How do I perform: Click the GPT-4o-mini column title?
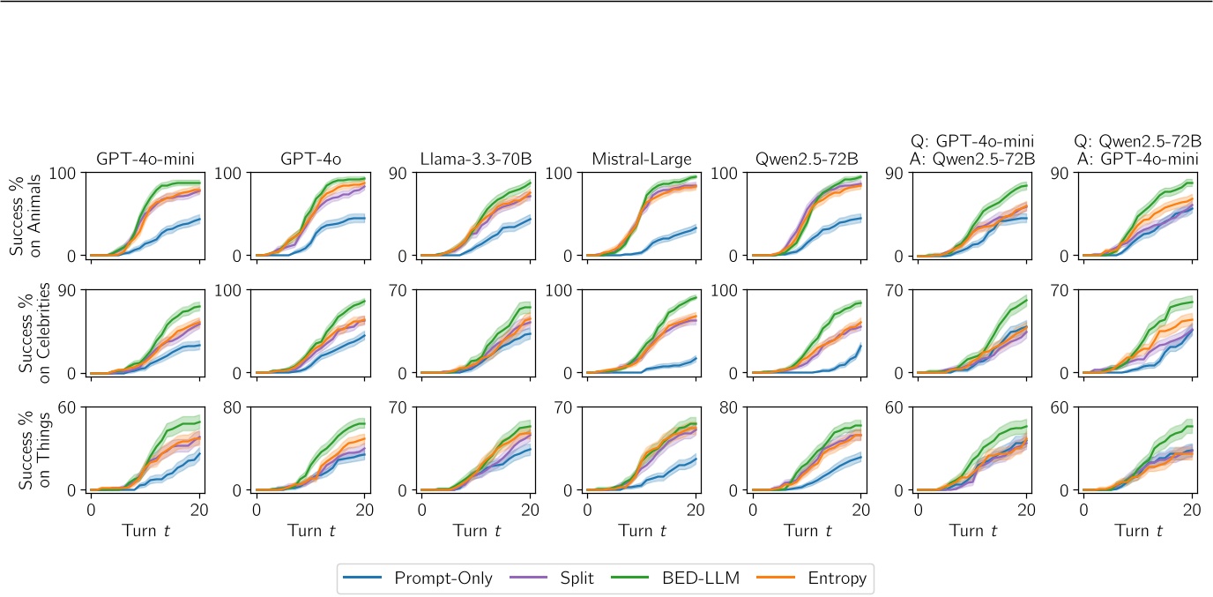tap(145, 160)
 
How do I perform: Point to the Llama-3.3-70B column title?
tap(476, 160)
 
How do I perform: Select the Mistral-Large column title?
tap(641, 160)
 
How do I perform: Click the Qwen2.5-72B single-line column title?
tap(807, 160)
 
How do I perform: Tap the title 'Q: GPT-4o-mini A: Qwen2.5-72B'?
tap(971, 150)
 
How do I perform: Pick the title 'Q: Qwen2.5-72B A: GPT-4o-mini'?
tap(1137, 150)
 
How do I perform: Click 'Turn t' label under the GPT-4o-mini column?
tap(145, 532)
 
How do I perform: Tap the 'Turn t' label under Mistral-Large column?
tap(641, 532)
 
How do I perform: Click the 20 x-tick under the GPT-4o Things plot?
tap(364, 510)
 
